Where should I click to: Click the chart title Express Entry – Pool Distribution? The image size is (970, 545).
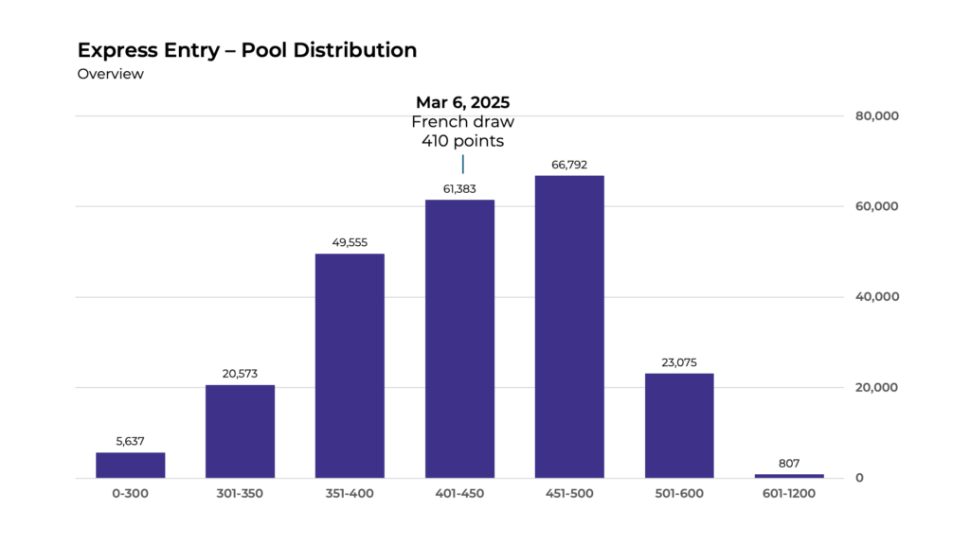click(246, 50)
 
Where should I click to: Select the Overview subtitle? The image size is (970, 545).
click(110, 74)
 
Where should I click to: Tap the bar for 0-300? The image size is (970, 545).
click(130, 465)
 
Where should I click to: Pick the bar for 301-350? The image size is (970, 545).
click(240, 431)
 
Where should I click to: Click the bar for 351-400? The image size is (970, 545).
click(350, 365)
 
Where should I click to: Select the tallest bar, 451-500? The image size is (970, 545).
click(569, 326)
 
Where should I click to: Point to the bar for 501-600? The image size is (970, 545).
click(679, 425)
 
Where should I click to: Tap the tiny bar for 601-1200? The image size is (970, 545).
click(789, 475)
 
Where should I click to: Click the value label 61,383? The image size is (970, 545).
click(459, 189)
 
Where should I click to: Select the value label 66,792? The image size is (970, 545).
click(569, 165)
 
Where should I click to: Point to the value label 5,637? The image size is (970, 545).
click(130, 442)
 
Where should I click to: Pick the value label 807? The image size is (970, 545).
click(789, 464)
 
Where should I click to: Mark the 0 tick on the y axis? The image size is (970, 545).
click(859, 478)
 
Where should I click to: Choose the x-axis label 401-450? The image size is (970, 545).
click(459, 494)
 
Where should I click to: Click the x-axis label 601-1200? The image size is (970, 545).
click(789, 494)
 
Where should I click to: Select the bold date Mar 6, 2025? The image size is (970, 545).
click(462, 102)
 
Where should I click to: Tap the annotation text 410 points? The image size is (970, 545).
click(462, 141)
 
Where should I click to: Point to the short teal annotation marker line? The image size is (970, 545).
click(462, 164)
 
